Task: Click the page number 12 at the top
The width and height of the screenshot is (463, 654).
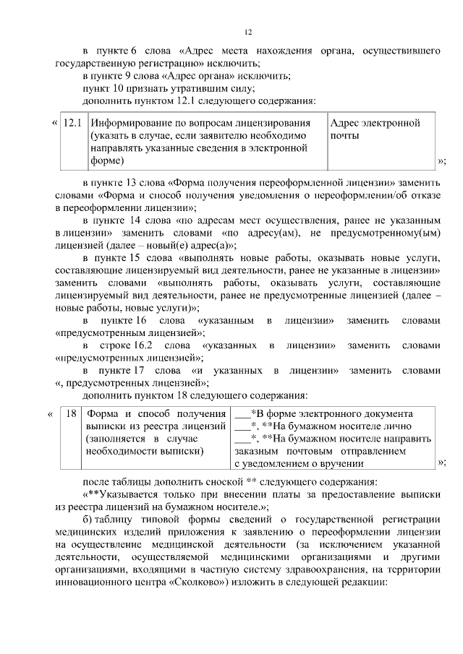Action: tap(247, 33)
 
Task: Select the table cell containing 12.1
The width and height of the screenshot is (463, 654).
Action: tap(72, 123)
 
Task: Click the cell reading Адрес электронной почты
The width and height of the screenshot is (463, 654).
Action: tap(375, 129)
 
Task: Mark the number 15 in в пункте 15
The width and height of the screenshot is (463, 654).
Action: tap(135, 258)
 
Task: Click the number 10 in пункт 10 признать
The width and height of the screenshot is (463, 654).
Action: tap(119, 88)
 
